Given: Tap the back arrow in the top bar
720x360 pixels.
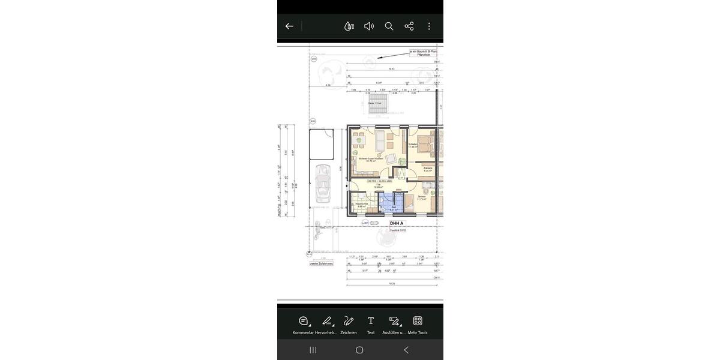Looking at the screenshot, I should click(289, 26).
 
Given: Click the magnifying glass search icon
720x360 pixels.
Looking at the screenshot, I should click(389, 26).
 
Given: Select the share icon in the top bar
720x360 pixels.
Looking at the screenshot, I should click(409, 26).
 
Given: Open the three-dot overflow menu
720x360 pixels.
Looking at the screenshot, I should click(429, 26).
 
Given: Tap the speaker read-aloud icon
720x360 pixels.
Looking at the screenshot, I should click(369, 26).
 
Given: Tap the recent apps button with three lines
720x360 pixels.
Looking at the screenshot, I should click(313, 350).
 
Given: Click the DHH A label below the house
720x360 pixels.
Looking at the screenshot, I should click(397, 223).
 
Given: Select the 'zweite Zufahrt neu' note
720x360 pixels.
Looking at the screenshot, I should click(322, 263).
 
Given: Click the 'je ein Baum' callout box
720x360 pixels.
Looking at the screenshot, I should click(424, 53).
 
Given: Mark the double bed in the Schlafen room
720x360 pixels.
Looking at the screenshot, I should click(426, 145).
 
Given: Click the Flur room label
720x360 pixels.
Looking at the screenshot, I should click(379, 185).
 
